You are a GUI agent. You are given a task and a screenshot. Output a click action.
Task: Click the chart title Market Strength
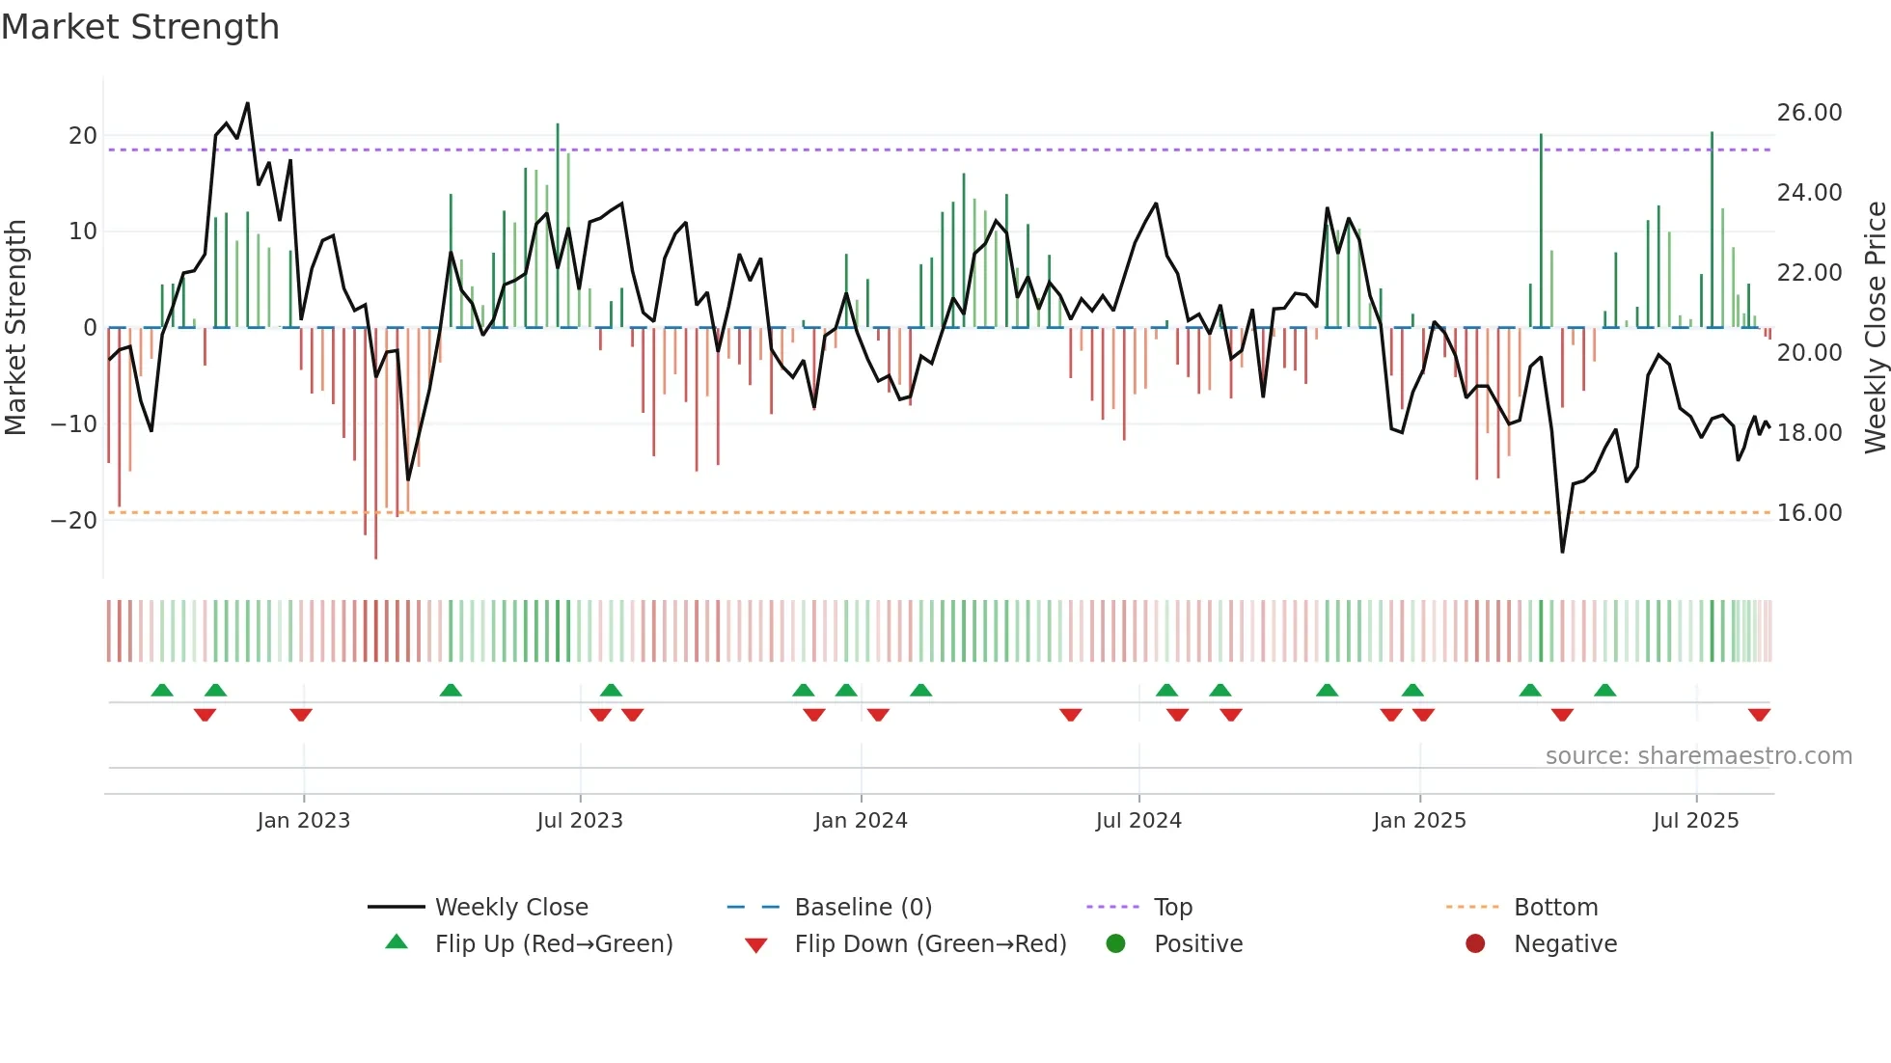click(x=140, y=27)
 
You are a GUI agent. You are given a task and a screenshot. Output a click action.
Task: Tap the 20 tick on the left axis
click(x=83, y=136)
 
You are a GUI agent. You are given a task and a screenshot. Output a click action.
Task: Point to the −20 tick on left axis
click(x=74, y=521)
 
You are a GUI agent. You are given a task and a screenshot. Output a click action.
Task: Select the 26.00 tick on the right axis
click(x=1809, y=113)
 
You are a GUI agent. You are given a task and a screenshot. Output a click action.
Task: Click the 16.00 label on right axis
click(x=1809, y=513)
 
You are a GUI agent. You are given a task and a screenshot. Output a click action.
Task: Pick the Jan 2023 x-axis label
click(x=303, y=821)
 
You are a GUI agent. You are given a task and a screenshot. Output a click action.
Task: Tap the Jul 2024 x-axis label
click(x=1138, y=821)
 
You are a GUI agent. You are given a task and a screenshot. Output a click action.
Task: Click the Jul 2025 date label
click(x=1695, y=821)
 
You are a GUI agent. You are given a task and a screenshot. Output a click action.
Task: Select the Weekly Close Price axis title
click(x=1875, y=328)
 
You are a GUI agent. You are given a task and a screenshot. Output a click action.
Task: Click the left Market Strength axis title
click(x=16, y=328)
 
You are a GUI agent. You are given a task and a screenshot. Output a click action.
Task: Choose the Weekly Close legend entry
click(x=510, y=908)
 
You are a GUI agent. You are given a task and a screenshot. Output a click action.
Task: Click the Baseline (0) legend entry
click(x=863, y=908)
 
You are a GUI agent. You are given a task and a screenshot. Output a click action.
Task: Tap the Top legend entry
click(x=1172, y=908)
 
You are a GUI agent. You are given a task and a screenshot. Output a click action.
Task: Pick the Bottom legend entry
click(x=1555, y=908)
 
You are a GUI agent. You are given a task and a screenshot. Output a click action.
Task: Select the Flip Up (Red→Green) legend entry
click(x=553, y=944)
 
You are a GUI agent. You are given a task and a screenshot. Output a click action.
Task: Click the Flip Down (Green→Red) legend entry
click(x=930, y=944)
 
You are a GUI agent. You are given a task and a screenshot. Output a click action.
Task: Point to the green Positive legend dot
click(x=1115, y=944)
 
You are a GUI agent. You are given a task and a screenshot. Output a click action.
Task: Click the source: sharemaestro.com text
click(x=1698, y=756)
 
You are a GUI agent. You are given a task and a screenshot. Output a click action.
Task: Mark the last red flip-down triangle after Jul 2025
click(x=1759, y=715)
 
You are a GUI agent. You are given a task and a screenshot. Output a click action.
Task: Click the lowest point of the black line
click(x=1562, y=552)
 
